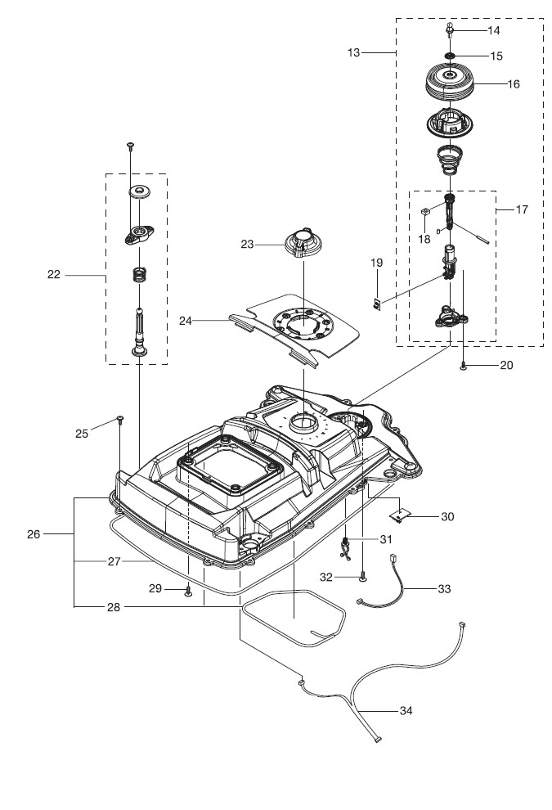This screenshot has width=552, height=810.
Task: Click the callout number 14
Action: coord(494,30)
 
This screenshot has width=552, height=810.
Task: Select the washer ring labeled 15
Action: coord(450,56)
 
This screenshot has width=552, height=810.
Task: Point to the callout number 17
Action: coord(522,209)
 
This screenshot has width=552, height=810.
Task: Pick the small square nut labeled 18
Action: coord(425,211)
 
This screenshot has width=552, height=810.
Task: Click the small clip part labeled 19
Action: coord(377,305)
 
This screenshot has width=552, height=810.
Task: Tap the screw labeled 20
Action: coord(464,366)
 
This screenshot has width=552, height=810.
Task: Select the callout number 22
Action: coord(54,274)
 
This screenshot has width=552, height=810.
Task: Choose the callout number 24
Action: coord(186,321)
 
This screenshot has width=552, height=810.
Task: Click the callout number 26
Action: coord(33,534)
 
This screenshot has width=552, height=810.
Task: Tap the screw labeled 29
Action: coord(188,590)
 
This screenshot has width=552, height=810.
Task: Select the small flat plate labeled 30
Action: coord(400,514)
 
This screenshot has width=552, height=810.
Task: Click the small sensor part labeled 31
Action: coord(345,547)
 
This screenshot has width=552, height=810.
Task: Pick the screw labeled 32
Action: coord(364,577)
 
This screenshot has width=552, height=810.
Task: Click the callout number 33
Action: coord(444,589)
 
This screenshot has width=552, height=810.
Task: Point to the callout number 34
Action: coord(406,711)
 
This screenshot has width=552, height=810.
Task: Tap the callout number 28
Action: coord(114,607)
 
